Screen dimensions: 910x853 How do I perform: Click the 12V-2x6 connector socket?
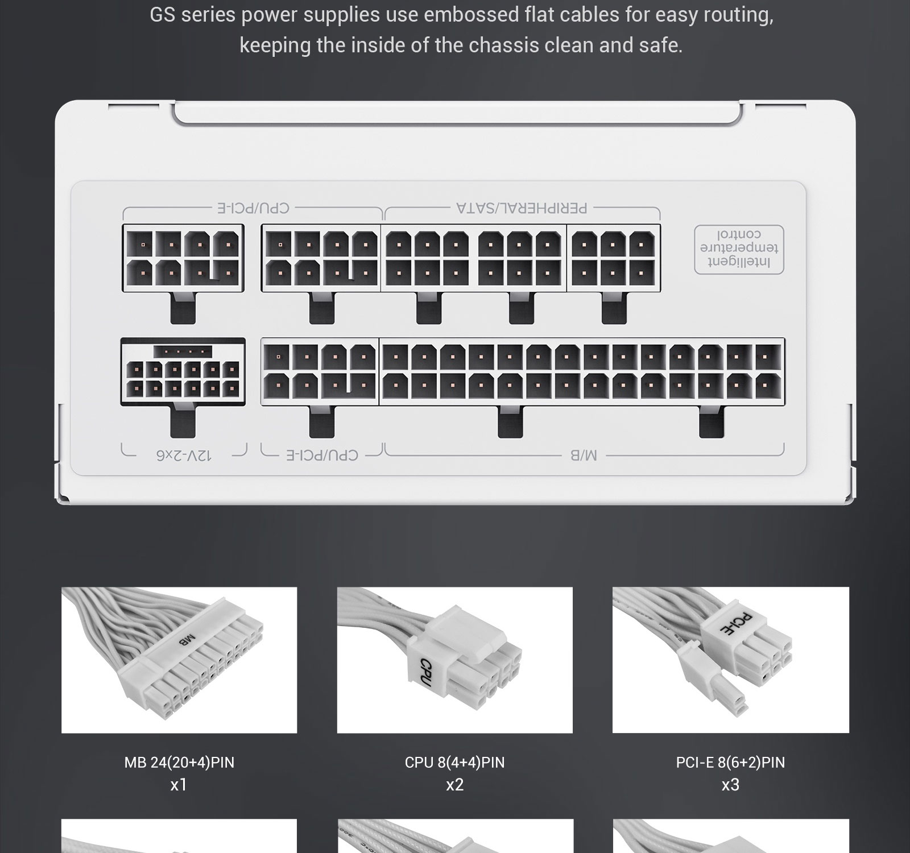[183, 372]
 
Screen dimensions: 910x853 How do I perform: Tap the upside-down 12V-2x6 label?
[184, 455]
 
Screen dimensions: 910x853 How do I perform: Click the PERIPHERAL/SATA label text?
[522, 208]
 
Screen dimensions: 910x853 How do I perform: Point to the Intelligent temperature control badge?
[739, 249]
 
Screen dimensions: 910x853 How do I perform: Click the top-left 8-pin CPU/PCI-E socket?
[183, 258]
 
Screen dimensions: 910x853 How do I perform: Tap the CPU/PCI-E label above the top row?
[253, 208]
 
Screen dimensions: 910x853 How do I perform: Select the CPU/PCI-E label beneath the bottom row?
[322, 455]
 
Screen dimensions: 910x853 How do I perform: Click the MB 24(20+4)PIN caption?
[179, 762]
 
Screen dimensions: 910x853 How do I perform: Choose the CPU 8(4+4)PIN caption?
[454, 762]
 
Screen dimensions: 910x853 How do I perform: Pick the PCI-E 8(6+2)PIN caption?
[730, 762]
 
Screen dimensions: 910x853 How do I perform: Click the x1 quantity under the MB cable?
[179, 785]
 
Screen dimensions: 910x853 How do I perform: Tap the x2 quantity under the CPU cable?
[454, 785]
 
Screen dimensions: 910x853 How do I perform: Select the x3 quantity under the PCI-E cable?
[730, 785]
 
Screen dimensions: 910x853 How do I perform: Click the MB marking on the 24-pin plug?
[187, 640]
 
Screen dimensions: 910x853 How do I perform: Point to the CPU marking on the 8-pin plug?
[426, 672]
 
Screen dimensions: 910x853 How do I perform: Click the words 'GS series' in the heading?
[192, 15]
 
